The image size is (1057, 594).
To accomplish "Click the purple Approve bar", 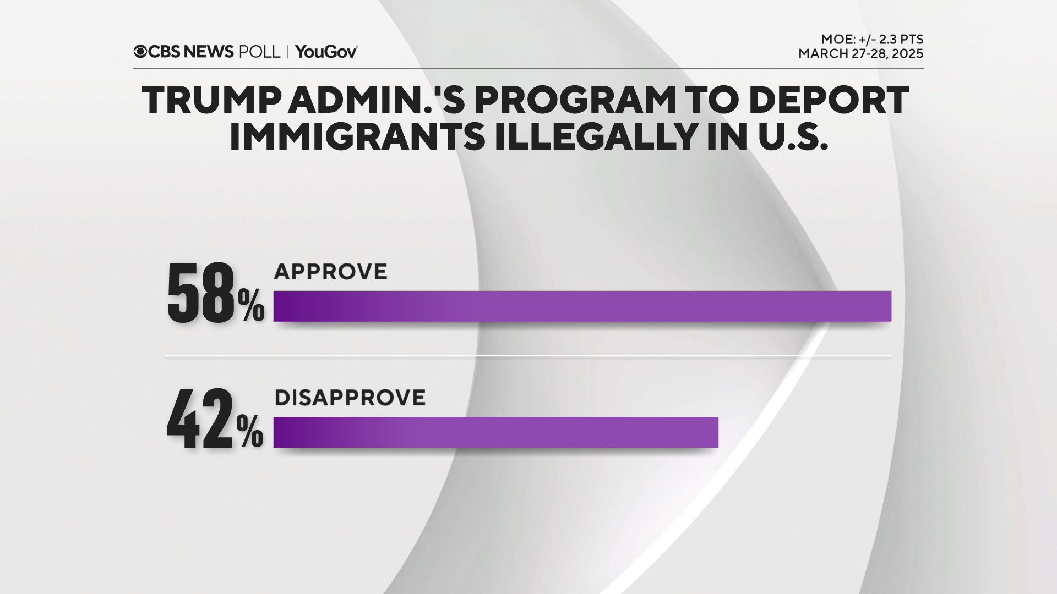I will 582,306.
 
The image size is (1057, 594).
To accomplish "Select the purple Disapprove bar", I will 495,432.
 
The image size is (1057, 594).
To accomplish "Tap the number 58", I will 201,293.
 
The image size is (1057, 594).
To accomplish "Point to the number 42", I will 200,420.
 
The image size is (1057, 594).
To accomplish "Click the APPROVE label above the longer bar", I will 331,272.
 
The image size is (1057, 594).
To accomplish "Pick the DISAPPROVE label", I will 350,398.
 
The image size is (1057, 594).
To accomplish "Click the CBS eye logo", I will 140,52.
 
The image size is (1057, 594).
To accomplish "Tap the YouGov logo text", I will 326,52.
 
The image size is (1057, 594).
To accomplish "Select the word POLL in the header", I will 259,52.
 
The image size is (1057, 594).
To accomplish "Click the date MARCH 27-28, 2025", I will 860,54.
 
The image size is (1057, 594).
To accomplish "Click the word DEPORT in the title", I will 829,101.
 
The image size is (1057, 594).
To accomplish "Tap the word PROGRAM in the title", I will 576,101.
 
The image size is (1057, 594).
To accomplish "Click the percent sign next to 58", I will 251,306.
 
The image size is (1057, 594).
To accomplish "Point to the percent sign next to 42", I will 250,432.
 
